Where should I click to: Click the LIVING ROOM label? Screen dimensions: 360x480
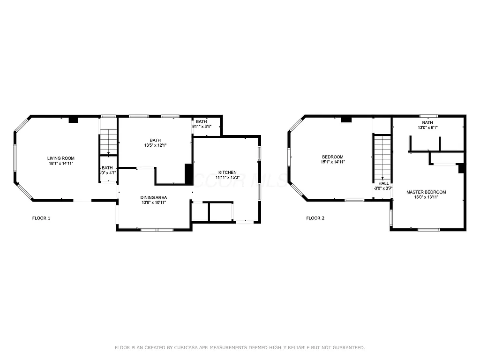pos(60,158)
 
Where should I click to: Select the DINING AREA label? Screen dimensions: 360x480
pos(154,197)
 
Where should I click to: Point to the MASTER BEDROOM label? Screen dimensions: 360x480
pos(426,192)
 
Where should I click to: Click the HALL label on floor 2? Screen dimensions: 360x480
pos(383,183)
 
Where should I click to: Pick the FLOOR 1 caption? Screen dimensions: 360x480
pos(41,218)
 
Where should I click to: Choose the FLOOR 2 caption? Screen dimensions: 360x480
pos(315,218)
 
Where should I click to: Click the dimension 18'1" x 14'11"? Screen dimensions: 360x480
pos(60,163)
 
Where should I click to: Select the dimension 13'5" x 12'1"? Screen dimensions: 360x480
pos(155,145)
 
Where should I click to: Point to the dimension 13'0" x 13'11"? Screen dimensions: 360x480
pos(426,197)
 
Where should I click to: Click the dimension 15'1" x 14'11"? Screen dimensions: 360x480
pos(332,162)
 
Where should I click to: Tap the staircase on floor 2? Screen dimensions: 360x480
pos(382,157)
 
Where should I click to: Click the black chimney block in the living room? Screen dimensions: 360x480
pos(73,120)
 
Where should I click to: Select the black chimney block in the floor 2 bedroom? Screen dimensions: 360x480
pos(346,120)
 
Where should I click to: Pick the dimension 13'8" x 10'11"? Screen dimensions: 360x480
pos(154,202)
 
